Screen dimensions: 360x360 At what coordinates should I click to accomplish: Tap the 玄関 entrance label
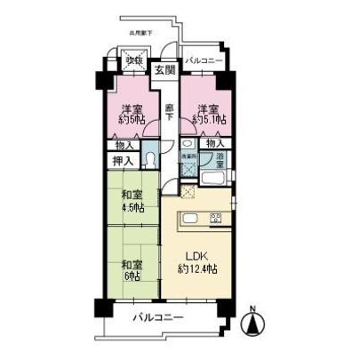pos(162,70)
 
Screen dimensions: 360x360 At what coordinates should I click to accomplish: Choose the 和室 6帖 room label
pos(132,268)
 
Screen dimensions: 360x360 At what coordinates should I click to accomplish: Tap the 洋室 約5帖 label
pos(131,114)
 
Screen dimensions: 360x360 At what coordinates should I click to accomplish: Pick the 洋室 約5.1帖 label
pos(204,114)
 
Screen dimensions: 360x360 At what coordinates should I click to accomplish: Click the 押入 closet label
pos(123,160)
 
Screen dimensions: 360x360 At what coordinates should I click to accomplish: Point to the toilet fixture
pos(152,160)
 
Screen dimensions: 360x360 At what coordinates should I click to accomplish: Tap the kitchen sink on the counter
pos(189,219)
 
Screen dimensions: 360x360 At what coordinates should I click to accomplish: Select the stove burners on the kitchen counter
pos(216,219)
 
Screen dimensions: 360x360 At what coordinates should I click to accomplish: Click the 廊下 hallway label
pos(168,111)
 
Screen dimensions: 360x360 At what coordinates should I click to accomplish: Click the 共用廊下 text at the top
pos(141,33)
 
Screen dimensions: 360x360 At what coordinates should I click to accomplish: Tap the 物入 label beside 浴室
pos(213,142)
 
